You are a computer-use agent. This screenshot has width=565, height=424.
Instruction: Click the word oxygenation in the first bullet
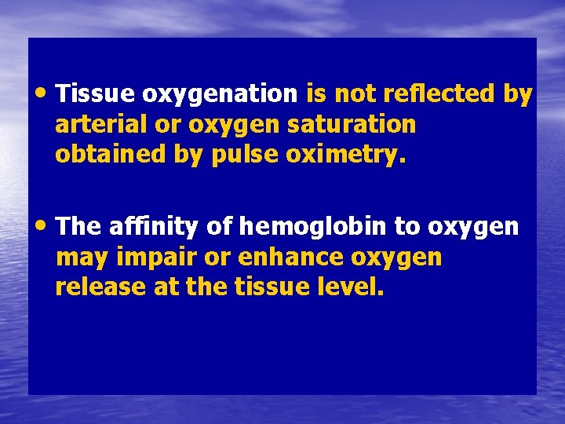219,95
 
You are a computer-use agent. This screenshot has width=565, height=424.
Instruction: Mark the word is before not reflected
315,94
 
